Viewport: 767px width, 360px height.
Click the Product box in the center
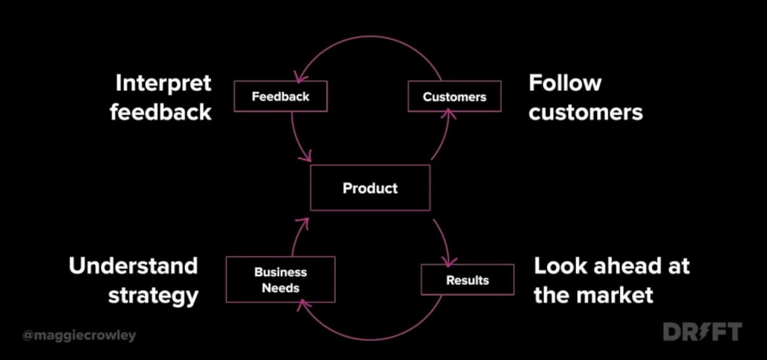click(x=370, y=188)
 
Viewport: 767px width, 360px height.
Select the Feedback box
click(x=280, y=96)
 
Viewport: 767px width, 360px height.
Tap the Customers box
click(x=455, y=96)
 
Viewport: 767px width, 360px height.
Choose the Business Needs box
click(x=280, y=279)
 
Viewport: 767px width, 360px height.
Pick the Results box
click(x=467, y=280)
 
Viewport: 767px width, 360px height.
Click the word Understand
click(x=133, y=266)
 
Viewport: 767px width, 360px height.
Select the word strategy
click(x=153, y=295)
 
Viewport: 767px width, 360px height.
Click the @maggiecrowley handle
click(x=79, y=335)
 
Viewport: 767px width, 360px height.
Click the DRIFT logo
click(x=702, y=332)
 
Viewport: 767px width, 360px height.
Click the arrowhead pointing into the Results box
click(x=447, y=262)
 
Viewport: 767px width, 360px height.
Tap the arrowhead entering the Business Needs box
click(x=303, y=304)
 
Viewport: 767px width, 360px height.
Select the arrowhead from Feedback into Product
click(x=305, y=158)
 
